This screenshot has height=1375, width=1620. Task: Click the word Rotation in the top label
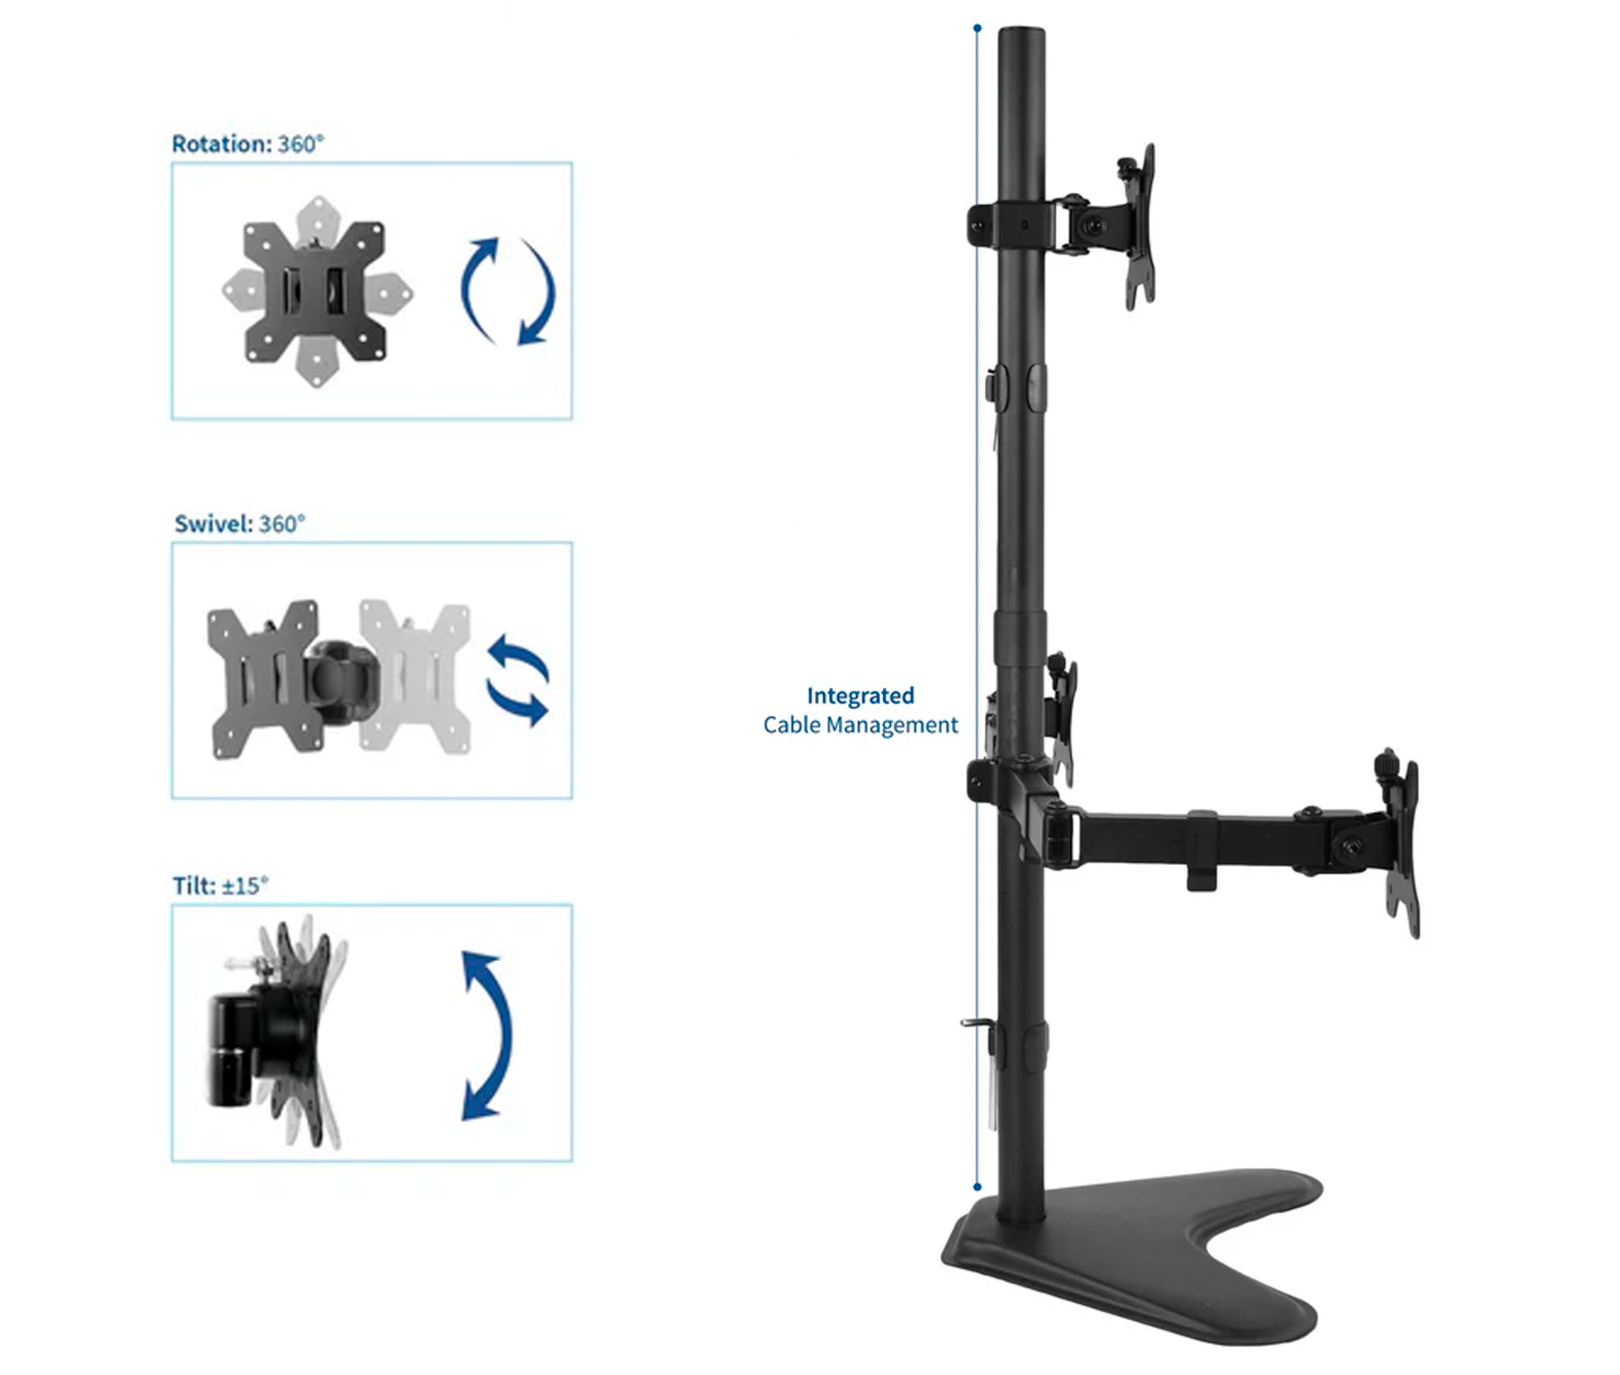[220, 144]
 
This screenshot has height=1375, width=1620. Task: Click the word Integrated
[861, 695]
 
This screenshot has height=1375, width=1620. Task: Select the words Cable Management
[861, 725]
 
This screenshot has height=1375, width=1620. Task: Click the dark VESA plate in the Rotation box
[314, 292]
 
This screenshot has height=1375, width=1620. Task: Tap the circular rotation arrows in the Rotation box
[508, 291]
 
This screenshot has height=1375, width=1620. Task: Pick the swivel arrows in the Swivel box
[518, 680]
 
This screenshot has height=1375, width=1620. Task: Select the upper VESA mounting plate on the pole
[1139, 226]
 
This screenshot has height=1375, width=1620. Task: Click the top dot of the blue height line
[977, 29]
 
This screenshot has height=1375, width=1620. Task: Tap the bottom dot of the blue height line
[977, 1187]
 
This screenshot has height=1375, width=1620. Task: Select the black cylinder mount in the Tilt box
[230, 1049]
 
